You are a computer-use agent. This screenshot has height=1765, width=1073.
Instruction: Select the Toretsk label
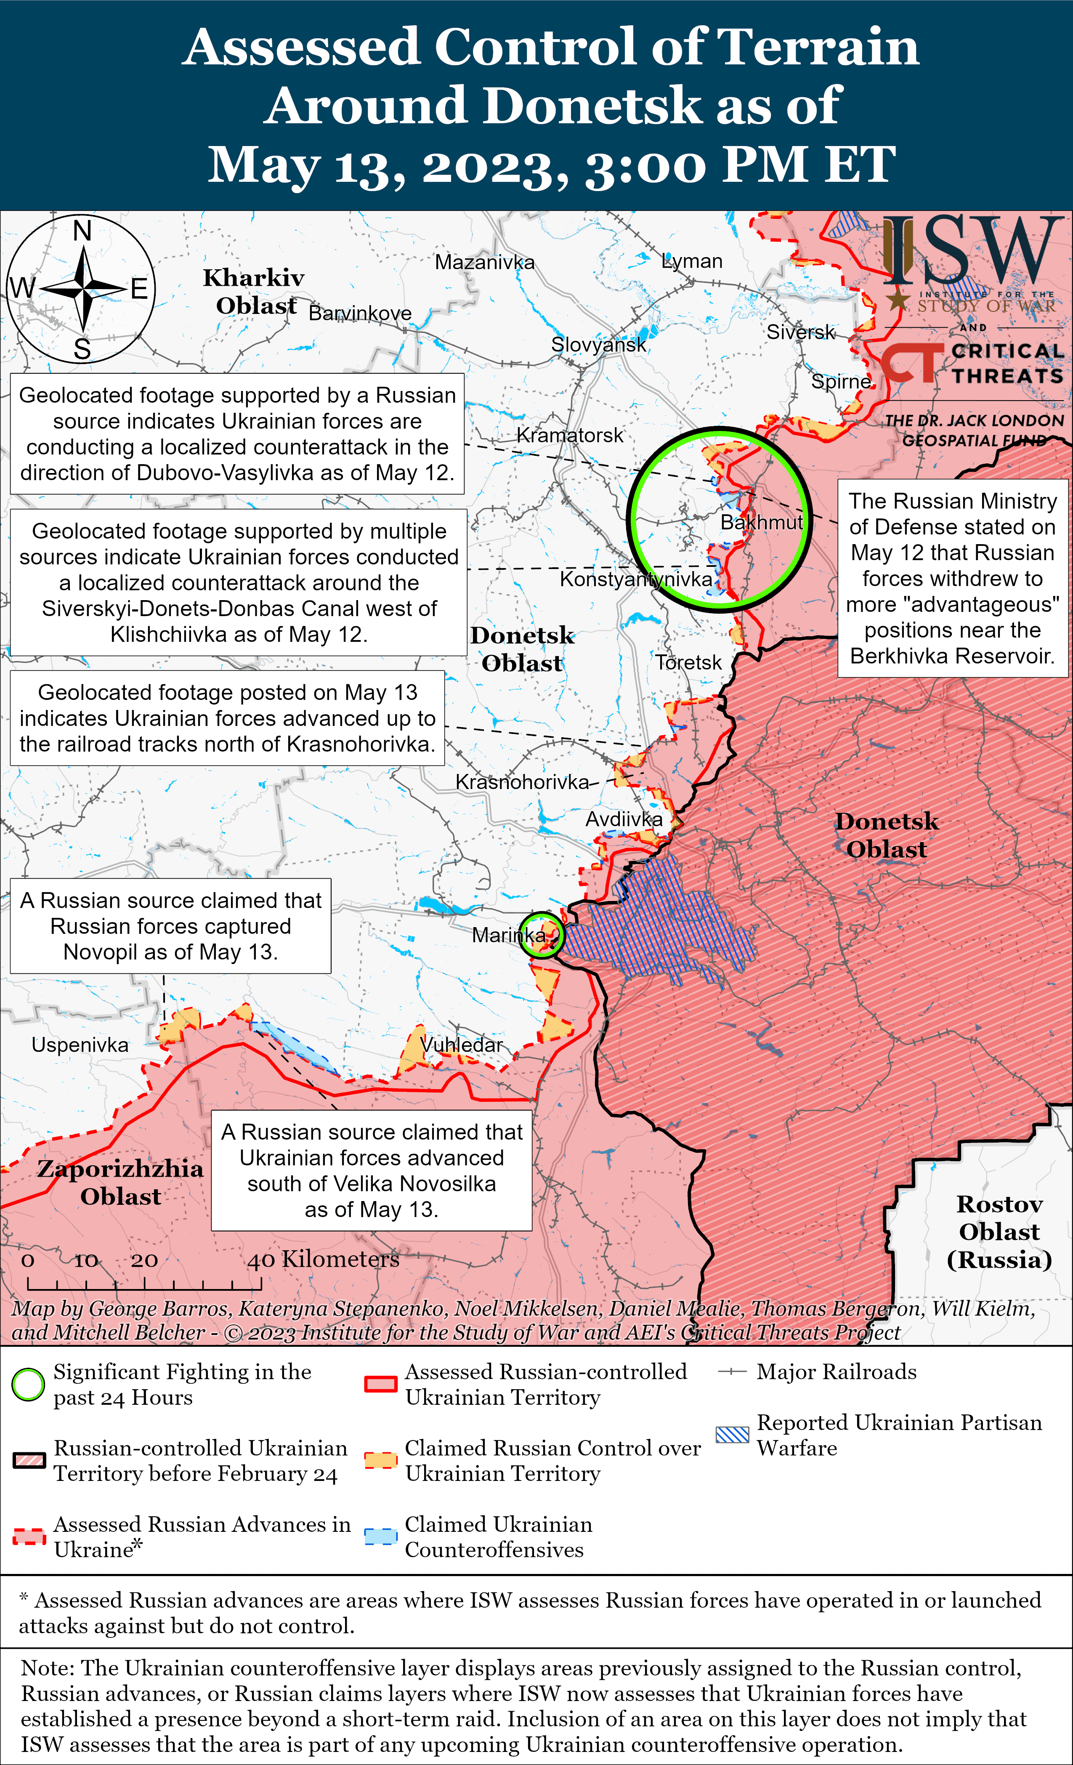click(688, 662)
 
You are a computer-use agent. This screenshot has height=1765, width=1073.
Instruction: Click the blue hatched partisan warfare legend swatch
click(732, 1434)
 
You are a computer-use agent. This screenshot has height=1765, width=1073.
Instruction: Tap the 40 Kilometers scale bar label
click(323, 1259)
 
